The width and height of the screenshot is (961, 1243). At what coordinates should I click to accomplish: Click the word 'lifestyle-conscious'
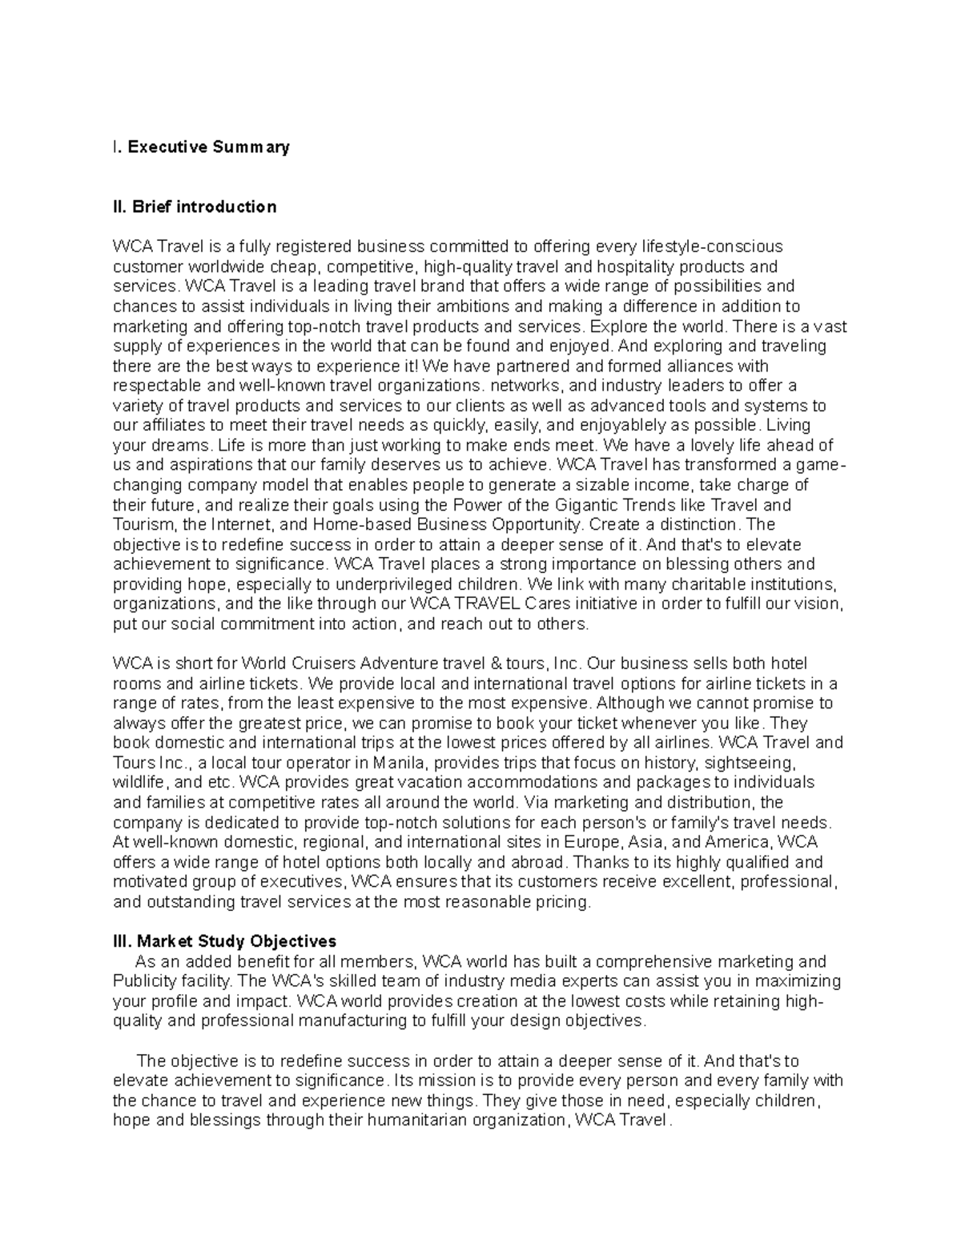(715, 247)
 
